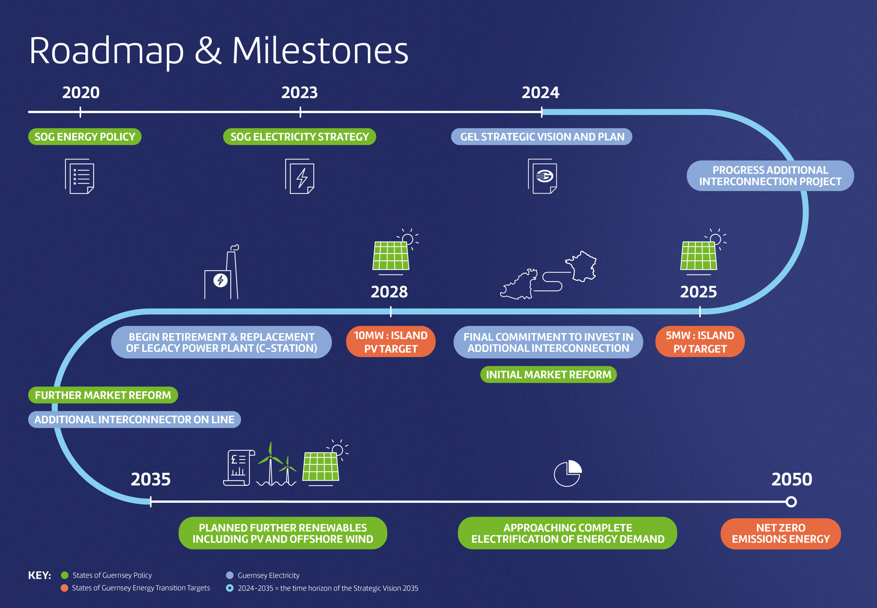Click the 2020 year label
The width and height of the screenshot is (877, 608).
81,92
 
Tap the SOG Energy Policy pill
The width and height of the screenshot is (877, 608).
85,137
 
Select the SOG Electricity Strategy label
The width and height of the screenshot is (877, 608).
300,137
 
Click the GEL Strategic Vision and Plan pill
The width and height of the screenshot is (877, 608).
542,137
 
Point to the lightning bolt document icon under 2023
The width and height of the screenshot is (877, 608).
300,176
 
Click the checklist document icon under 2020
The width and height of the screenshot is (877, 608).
80,176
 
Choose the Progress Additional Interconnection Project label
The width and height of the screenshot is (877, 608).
770,176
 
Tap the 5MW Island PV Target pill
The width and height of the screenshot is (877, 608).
700,342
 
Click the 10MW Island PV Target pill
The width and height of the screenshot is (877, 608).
391,342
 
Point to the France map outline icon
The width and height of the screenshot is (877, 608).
581,266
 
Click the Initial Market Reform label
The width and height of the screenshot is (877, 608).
548,374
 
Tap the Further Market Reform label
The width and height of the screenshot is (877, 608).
103,395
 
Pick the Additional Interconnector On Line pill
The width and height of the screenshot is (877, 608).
134,419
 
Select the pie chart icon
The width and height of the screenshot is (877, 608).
567,474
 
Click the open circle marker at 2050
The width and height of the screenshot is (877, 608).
791,501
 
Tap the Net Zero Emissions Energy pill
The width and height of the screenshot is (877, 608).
781,533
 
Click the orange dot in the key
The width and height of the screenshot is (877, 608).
64,588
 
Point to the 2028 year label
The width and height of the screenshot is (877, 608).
389,292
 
